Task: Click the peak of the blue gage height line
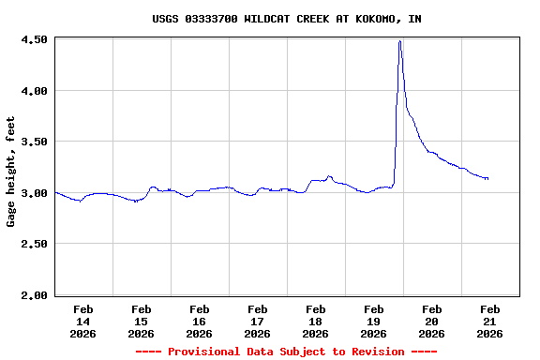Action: point(400,41)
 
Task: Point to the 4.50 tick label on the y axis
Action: point(34,39)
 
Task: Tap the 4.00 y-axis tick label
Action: point(34,91)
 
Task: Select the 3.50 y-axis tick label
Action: point(34,142)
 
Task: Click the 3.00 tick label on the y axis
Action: point(34,193)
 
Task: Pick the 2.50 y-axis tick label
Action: point(34,244)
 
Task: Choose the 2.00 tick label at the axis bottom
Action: point(34,295)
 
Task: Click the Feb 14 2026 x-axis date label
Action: point(83,321)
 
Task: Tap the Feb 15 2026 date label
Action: point(142,321)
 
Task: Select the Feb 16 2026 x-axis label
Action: point(200,321)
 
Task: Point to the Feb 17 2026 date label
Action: point(258,321)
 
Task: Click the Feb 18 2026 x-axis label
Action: point(316,321)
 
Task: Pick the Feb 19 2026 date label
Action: point(374,321)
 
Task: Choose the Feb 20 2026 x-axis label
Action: point(432,321)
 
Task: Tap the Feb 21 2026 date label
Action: point(490,321)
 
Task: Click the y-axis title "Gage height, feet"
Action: point(11,172)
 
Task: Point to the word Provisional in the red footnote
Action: point(204,352)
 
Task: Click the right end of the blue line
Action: point(487,178)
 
